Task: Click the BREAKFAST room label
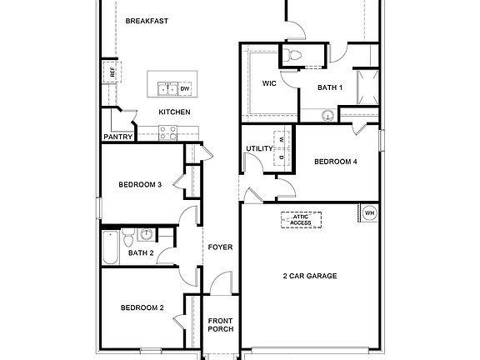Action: (x=147, y=21)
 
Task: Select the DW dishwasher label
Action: (x=184, y=87)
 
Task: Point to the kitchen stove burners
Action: (x=167, y=130)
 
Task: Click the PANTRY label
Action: (x=117, y=137)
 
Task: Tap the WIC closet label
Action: (x=269, y=83)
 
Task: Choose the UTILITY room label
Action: (x=259, y=148)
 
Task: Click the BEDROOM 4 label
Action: (x=335, y=162)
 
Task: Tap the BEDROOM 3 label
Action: (x=139, y=184)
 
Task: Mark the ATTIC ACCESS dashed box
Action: (x=301, y=220)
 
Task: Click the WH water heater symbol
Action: (x=368, y=212)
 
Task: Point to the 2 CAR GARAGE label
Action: (x=309, y=276)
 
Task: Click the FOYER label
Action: (x=220, y=247)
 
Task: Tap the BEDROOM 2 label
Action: (x=141, y=307)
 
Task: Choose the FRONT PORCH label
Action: (x=220, y=324)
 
